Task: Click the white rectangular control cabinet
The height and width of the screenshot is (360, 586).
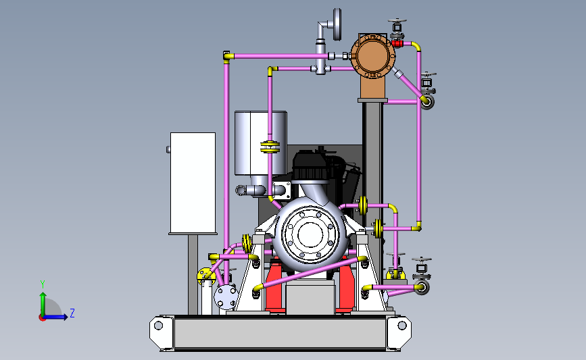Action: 193,183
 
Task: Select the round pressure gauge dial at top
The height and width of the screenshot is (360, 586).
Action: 337,24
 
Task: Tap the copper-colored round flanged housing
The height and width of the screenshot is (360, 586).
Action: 372,56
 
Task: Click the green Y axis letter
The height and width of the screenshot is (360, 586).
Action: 43,284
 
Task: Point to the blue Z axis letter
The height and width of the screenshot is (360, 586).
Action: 72,313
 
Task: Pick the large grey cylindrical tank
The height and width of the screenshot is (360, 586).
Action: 260,143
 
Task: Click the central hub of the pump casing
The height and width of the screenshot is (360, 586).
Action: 310,235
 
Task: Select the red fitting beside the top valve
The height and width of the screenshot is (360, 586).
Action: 397,44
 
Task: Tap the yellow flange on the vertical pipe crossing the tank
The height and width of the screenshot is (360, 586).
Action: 270,147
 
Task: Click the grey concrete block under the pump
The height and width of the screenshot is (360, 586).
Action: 310,297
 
